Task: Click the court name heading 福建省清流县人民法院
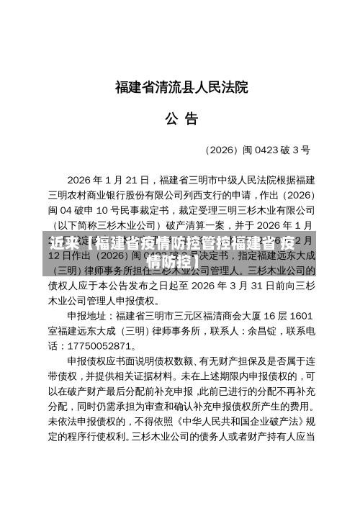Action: coord(180,89)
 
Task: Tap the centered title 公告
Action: coord(180,119)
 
